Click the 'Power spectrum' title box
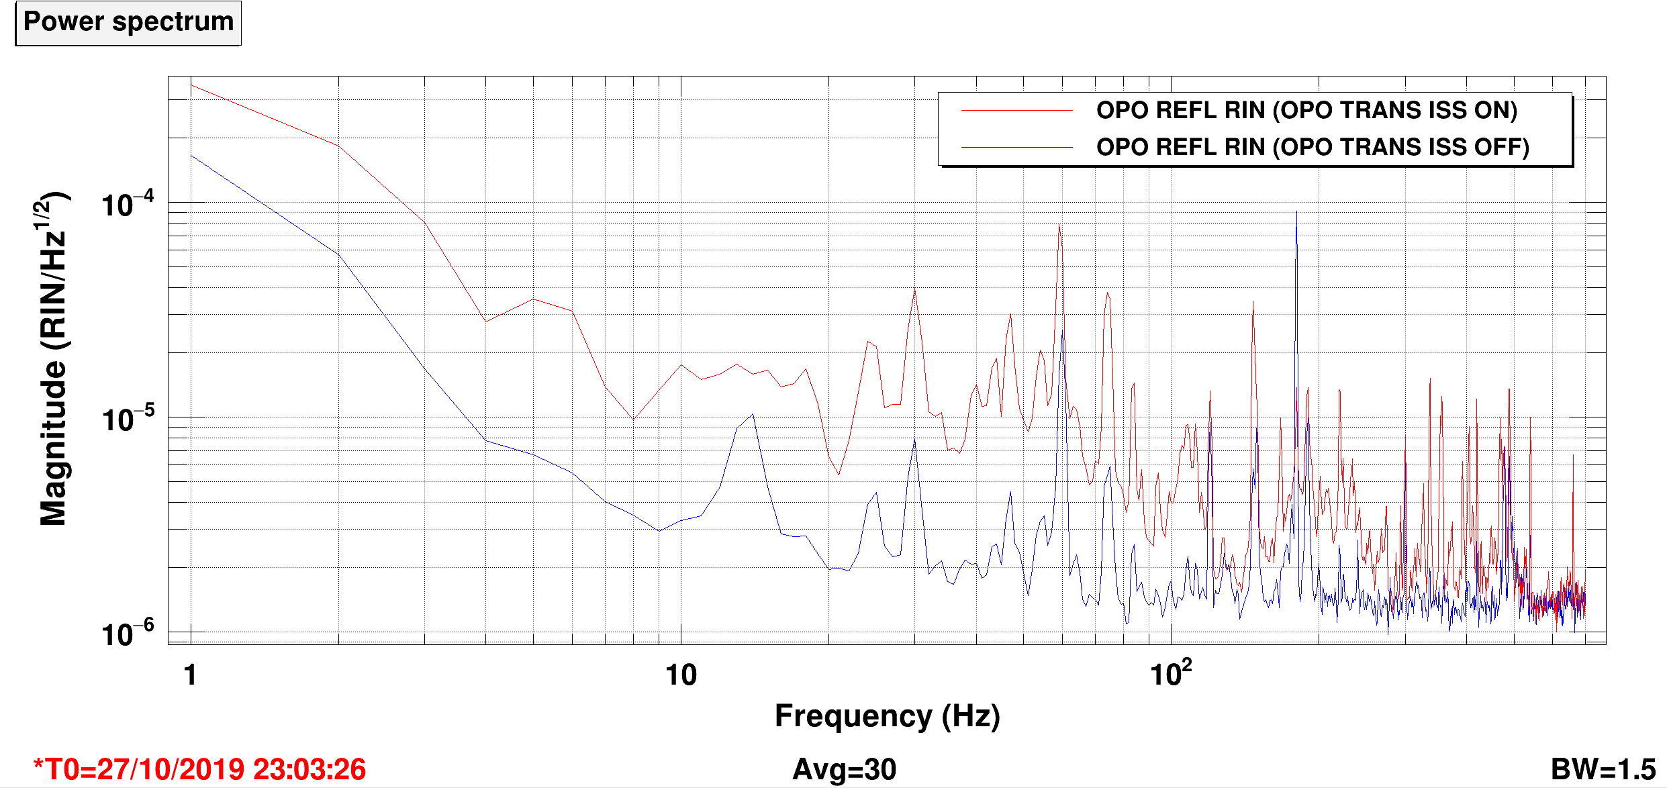pos(128,23)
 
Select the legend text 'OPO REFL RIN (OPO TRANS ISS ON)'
pos(1306,110)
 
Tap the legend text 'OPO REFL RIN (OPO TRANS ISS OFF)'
pos(1313,147)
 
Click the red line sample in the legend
pos(1016,110)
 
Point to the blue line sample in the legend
pos(1016,147)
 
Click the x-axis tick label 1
pos(191,675)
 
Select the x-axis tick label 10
pos(681,675)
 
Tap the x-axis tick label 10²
pos(1171,673)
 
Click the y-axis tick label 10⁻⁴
pos(127,203)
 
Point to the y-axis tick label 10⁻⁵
pos(127,418)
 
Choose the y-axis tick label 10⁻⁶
pos(127,633)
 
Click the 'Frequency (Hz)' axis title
pos(887,717)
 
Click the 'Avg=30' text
pos(845,770)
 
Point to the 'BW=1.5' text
pos(1603,770)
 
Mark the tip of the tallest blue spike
pos(1296,212)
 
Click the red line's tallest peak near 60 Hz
pos(1059,226)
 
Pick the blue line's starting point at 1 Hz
pos(191,155)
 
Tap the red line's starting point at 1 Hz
pos(191,85)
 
